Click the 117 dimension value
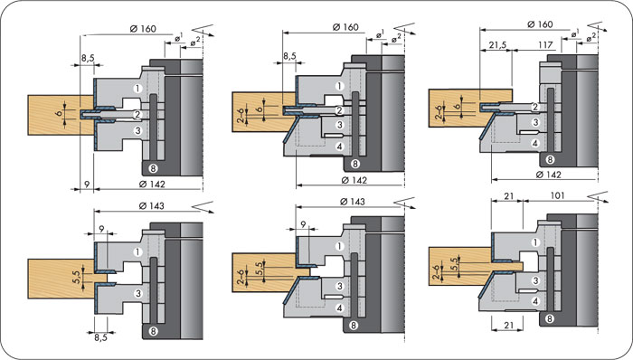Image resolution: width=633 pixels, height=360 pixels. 545,45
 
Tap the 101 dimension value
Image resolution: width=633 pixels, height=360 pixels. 557,195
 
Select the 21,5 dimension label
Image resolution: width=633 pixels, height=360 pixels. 497,45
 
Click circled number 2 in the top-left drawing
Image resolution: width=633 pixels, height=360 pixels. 137,115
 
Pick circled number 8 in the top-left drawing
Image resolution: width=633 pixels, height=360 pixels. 153,168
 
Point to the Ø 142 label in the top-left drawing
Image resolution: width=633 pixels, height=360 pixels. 152,184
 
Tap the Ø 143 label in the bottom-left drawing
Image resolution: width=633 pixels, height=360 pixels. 151,206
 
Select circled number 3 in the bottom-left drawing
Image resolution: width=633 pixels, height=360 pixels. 138,293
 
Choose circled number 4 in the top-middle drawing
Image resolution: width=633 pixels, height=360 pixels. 339,147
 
